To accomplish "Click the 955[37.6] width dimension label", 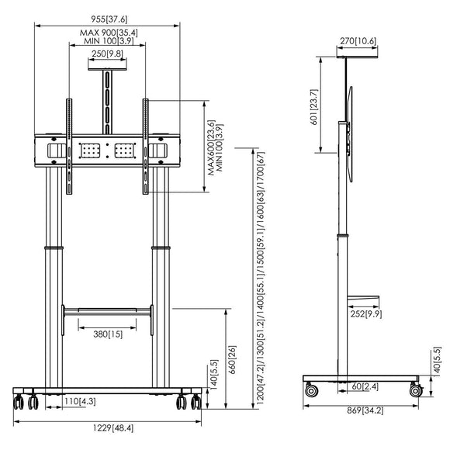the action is tap(109, 19).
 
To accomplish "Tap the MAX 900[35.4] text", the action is tap(109, 33).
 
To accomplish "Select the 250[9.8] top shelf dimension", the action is tap(107, 54).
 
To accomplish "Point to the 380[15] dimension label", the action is tap(108, 334).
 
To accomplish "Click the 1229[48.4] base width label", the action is tap(113, 428).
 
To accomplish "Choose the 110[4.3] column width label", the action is tap(80, 401).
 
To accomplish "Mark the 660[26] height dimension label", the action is tap(232, 359).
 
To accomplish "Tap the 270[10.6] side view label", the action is tap(358, 41).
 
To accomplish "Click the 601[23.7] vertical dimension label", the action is tap(314, 107).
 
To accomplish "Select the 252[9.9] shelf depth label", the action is tap(366, 314).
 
